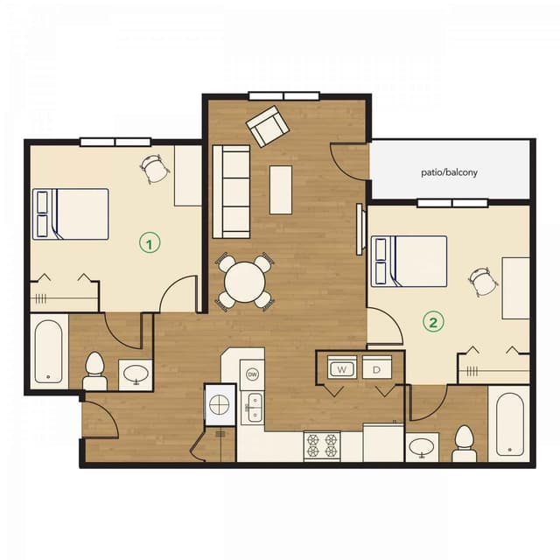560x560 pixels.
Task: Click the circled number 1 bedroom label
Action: click(x=150, y=243)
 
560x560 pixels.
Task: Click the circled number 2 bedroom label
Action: click(x=433, y=322)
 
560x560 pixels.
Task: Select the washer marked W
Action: click(x=341, y=369)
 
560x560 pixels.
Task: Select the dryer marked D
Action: click(x=377, y=369)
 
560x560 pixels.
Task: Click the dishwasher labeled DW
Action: click(x=253, y=374)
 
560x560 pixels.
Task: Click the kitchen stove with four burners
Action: click(x=321, y=446)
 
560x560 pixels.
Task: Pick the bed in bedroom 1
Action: click(x=71, y=213)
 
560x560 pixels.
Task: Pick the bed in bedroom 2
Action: click(x=409, y=261)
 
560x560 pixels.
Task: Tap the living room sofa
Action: click(x=231, y=190)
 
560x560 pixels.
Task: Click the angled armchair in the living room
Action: click(x=267, y=127)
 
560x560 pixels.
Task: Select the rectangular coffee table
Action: click(x=280, y=189)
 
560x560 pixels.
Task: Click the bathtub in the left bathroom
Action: click(x=49, y=352)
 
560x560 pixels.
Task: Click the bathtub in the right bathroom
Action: click(x=511, y=424)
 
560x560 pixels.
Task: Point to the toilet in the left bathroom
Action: click(x=94, y=371)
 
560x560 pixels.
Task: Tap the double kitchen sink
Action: click(x=253, y=408)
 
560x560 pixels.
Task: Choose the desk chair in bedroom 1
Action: click(x=156, y=168)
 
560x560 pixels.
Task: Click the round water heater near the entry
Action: click(x=220, y=405)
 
